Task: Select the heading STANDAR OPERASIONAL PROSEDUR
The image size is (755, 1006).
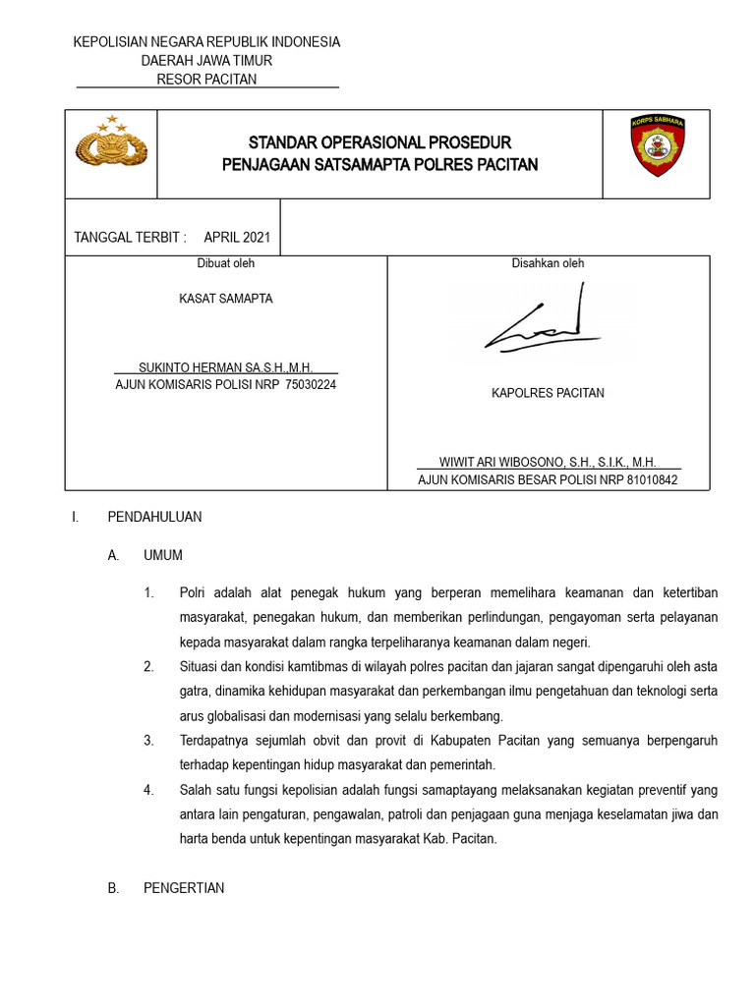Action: pos(379,142)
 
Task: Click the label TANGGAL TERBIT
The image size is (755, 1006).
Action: pos(130,238)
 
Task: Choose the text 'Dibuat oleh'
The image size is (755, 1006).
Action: pos(226,263)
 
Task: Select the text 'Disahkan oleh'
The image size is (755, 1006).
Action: pos(548,263)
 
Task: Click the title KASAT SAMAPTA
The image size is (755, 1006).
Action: pos(226,299)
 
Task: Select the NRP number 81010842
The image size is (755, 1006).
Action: pos(644,480)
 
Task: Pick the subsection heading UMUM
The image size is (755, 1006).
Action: pos(163,555)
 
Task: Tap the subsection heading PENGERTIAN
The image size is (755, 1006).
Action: pos(184,888)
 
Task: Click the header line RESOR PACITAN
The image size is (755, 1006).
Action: pos(206,79)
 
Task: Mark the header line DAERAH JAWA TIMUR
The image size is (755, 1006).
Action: pos(206,60)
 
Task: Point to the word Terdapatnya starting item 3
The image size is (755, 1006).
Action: pos(213,740)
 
